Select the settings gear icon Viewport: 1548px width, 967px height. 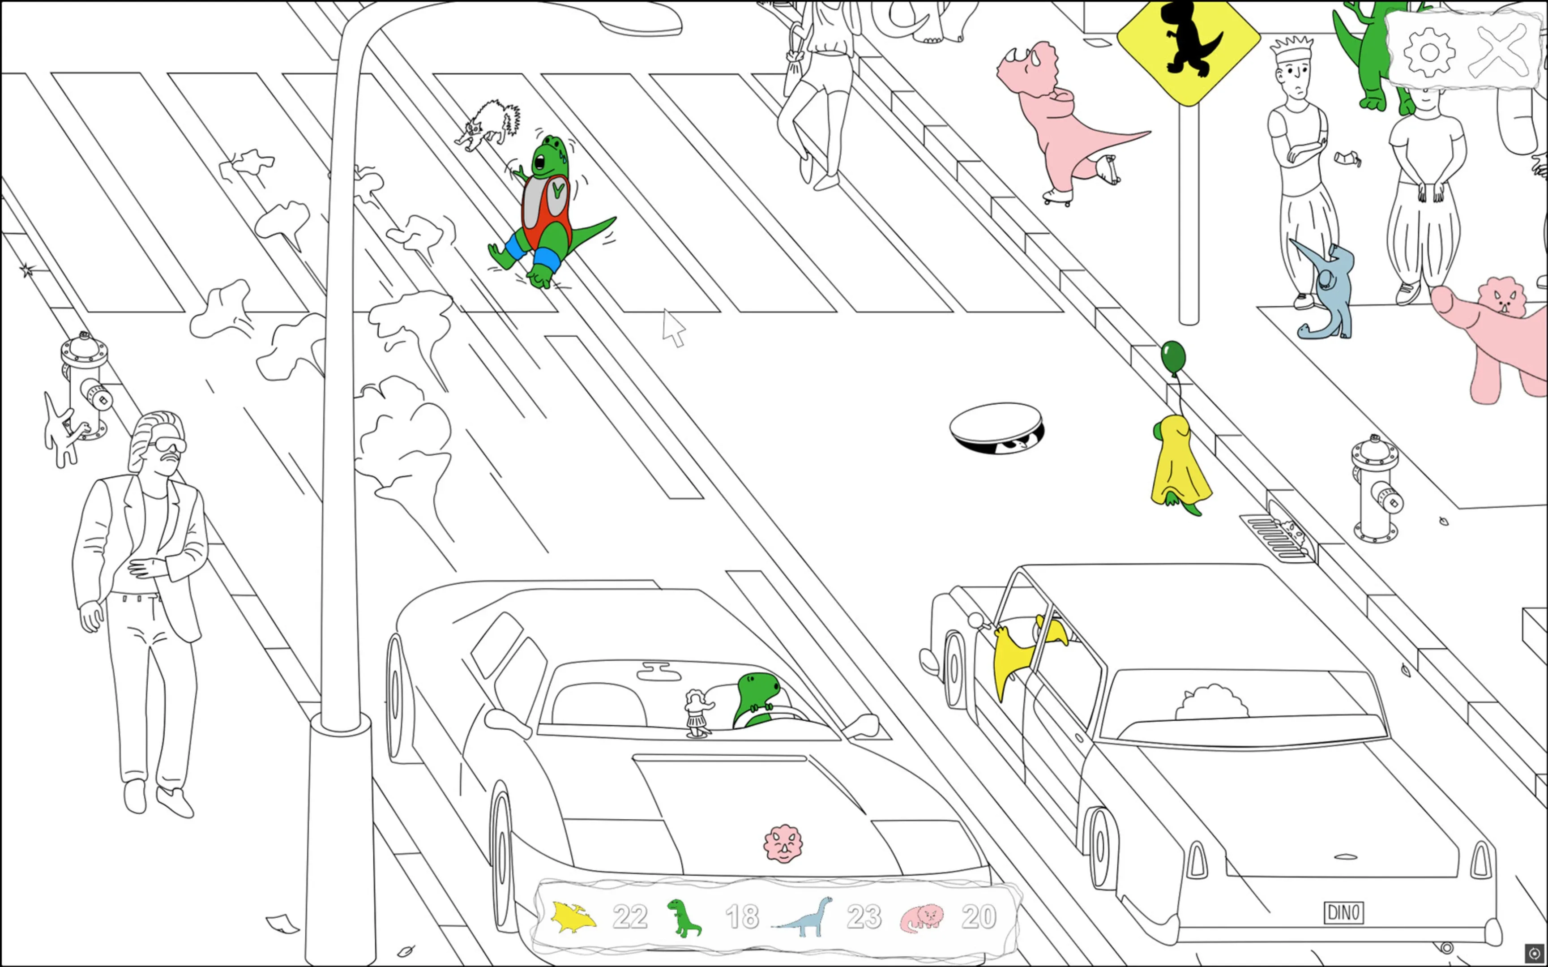click(x=1429, y=51)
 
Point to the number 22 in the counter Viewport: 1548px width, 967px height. click(x=630, y=917)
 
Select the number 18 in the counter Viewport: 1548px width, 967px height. click(x=742, y=917)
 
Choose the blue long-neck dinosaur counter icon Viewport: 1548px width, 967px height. click(x=803, y=917)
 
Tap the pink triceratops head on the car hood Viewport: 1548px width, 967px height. click(x=783, y=843)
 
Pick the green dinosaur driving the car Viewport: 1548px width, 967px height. click(x=759, y=699)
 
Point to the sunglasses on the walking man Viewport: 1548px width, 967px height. click(x=167, y=445)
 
